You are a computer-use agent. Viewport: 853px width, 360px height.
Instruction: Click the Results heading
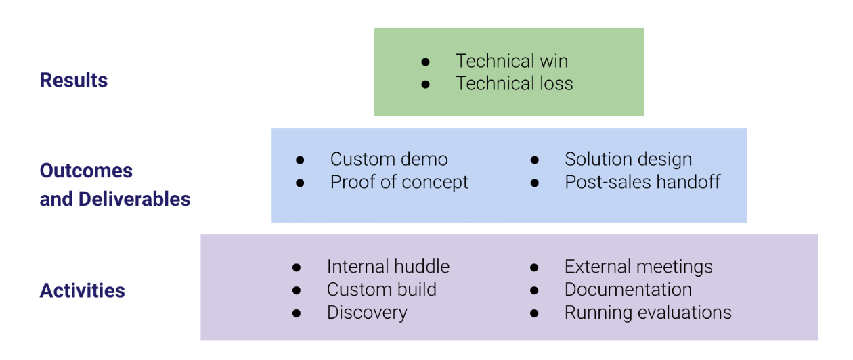point(74,81)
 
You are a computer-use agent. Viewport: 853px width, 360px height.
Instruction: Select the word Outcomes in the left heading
point(86,171)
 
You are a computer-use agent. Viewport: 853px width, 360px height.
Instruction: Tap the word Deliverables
point(134,199)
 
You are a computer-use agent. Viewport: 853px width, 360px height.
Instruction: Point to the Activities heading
point(83,290)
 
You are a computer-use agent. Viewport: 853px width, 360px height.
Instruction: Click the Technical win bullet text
point(512,61)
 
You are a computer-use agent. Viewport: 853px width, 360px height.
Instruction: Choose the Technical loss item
point(514,83)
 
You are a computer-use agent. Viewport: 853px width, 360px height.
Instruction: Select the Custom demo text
point(389,159)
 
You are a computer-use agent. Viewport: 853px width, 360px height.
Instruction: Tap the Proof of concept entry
point(399,182)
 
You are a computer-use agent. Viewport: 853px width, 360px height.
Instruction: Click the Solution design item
point(628,160)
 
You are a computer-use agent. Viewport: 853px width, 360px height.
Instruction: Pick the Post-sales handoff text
point(642,182)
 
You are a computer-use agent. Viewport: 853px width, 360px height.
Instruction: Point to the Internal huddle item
point(388,267)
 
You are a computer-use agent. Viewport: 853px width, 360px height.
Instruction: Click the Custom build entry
point(382,289)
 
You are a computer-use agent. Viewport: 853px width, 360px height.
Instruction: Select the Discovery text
point(367,313)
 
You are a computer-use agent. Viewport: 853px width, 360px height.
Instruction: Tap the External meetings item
point(638,267)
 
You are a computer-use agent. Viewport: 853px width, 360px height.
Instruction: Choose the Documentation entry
point(628,289)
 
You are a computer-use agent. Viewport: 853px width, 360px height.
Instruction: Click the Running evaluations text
point(648,313)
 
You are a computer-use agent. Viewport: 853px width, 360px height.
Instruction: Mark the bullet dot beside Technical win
point(425,62)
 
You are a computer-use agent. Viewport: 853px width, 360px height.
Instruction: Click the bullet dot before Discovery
point(297,313)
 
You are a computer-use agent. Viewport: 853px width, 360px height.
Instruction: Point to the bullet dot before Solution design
point(535,160)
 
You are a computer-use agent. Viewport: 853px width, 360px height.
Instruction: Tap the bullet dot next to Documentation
point(534,290)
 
